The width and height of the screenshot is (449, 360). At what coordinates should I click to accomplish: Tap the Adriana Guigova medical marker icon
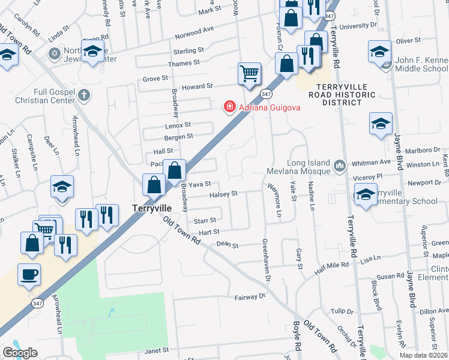[x=229, y=107]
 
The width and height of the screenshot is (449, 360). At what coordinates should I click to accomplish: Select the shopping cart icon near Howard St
[x=249, y=74]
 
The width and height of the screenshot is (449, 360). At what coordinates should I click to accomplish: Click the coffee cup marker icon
[x=29, y=275]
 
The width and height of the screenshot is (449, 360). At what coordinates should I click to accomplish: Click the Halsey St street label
[x=224, y=194]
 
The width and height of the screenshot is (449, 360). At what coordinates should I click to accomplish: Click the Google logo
[x=20, y=353]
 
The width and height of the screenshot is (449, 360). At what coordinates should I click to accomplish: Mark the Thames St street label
[x=184, y=63]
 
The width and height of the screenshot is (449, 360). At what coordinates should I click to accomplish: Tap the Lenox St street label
[x=178, y=125]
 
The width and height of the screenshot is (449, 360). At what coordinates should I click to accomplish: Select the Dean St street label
[x=228, y=245]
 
